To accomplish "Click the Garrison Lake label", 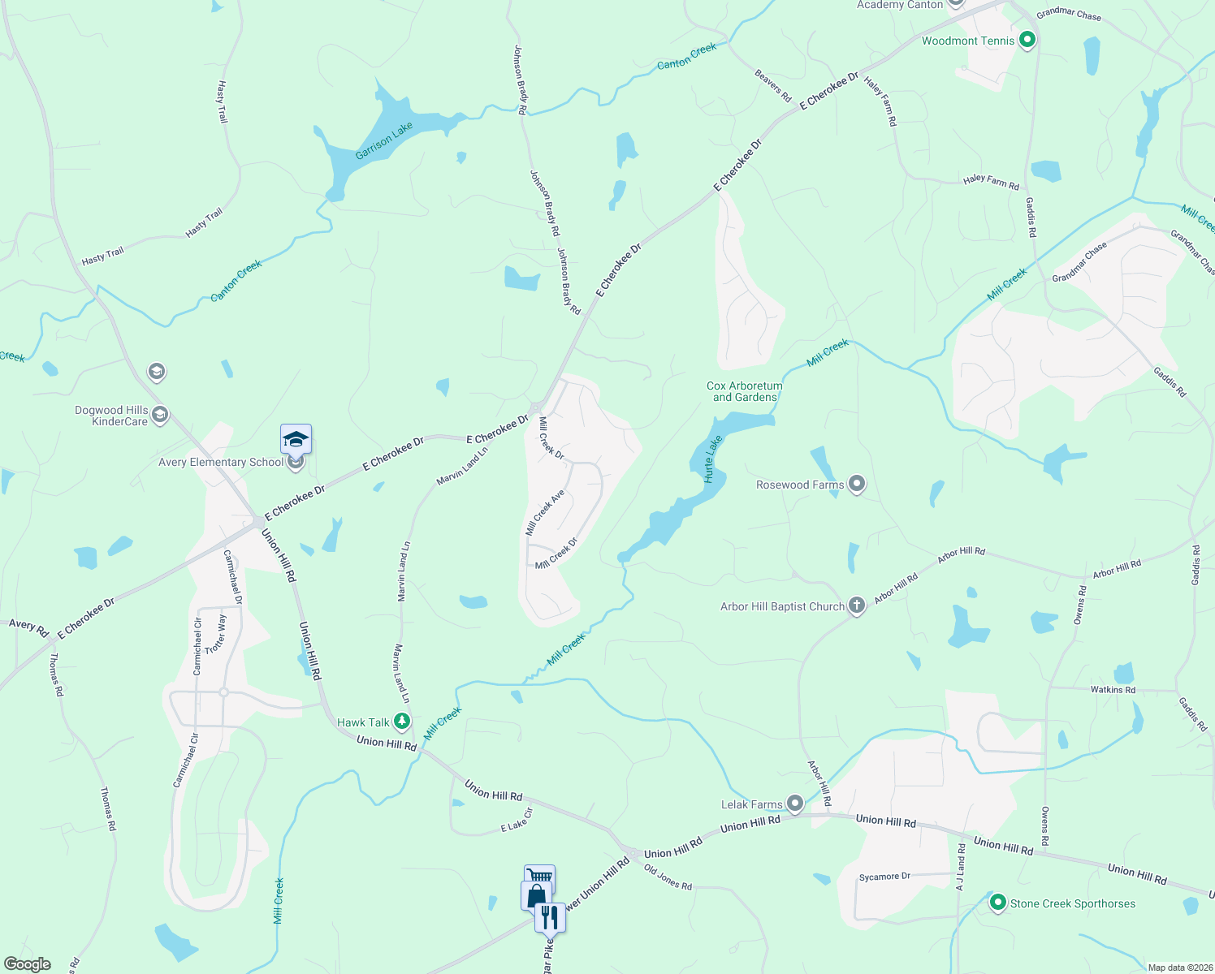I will (x=384, y=141).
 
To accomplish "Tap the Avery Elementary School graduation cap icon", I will (x=296, y=439).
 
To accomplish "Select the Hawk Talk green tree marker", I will (x=401, y=721).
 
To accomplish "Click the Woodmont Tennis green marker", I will (x=1027, y=39).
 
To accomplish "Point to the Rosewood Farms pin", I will (x=856, y=485).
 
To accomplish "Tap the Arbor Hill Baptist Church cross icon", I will (x=856, y=606).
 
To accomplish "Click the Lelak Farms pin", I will (x=795, y=804).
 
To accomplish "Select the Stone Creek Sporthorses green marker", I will (x=998, y=903).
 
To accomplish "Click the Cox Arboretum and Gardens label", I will (x=745, y=391).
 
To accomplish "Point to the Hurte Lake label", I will (x=712, y=459).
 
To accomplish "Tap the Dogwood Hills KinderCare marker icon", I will (x=160, y=416).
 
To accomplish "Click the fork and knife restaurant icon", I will (x=551, y=917).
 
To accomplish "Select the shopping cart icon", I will (x=539, y=877).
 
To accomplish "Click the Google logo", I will (x=28, y=964).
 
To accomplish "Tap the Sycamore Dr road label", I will (x=884, y=877).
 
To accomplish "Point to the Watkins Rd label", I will (x=1113, y=690).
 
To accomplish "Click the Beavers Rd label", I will (x=772, y=86).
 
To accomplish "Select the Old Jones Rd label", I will (x=668, y=877).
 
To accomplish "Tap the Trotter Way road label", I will (x=215, y=634).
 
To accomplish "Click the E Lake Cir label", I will (x=517, y=821).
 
